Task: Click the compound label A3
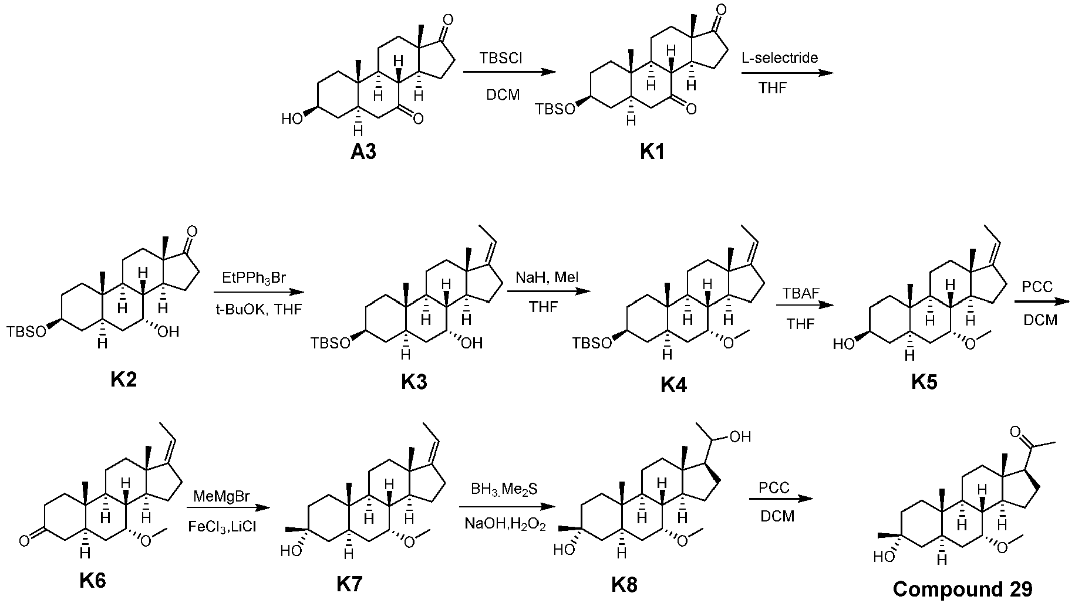(x=363, y=152)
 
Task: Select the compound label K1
(x=652, y=153)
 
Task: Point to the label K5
(x=924, y=382)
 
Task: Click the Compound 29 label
(x=962, y=588)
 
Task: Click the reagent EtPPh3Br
(x=254, y=277)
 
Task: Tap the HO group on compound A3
(x=292, y=119)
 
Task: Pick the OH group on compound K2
(x=168, y=332)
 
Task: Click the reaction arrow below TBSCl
(x=508, y=72)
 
